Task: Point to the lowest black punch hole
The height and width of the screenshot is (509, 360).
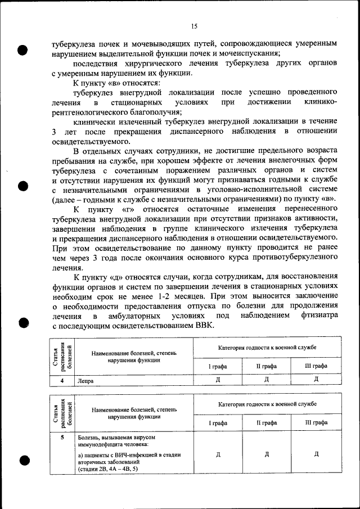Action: click(x=23, y=460)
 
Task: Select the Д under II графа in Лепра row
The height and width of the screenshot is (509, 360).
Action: click(x=267, y=380)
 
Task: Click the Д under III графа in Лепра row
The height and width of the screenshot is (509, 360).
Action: click(x=316, y=380)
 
